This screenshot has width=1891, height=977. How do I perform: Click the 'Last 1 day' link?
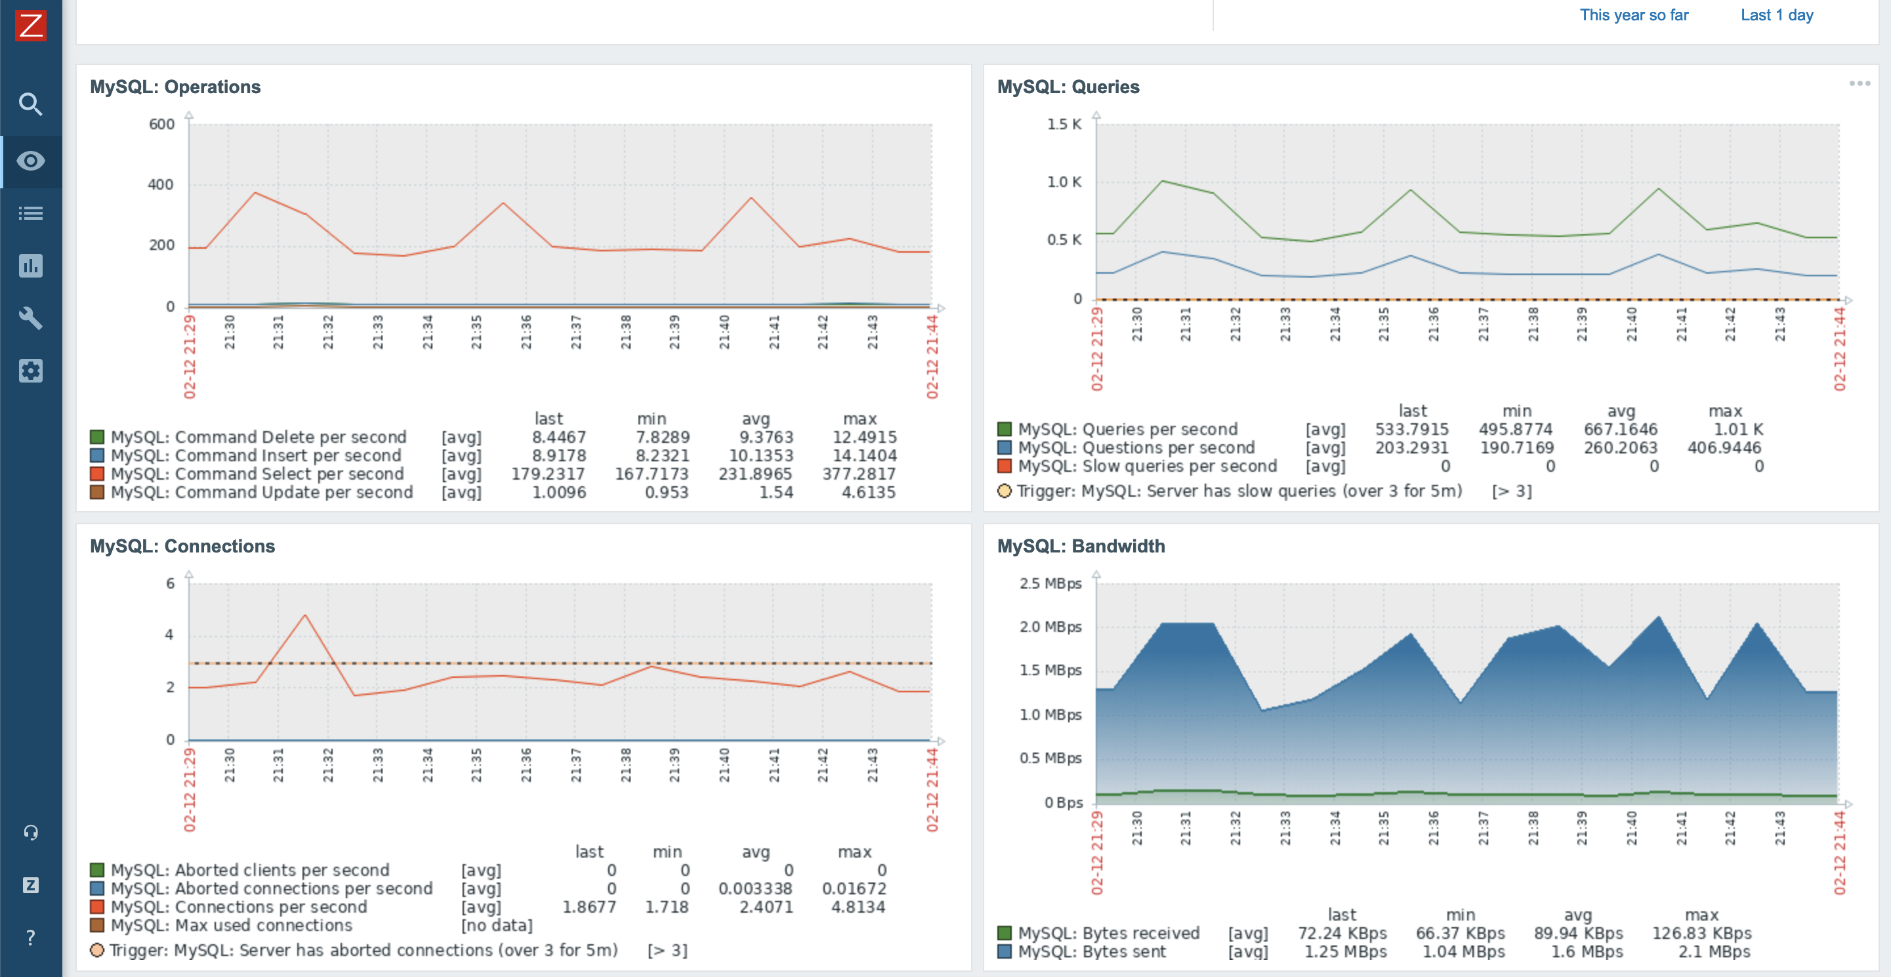pos(1776,14)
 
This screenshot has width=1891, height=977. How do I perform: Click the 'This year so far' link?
pos(1633,14)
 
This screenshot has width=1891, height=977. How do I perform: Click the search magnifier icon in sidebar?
pos(30,104)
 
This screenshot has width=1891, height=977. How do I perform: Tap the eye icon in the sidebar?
pos(30,161)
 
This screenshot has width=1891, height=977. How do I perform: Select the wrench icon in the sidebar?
pos(30,318)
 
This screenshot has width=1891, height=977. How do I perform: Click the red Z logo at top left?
pos(30,25)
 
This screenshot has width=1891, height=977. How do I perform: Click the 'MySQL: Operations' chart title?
pos(175,87)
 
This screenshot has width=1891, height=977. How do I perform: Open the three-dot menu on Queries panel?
pos(1859,84)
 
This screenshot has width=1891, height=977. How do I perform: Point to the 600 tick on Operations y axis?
pos(161,124)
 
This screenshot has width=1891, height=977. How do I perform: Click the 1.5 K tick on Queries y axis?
pos(1063,124)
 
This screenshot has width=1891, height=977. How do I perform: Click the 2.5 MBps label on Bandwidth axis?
pos(1050,583)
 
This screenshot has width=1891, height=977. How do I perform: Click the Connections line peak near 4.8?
pos(304,615)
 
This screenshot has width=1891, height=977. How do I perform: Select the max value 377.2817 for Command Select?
pos(858,474)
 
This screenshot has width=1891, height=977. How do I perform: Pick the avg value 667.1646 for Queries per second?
pos(1620,429)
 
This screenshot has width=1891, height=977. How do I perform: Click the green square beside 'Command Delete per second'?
pos(97,438)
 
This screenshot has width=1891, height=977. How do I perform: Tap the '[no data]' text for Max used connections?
pos(496,926)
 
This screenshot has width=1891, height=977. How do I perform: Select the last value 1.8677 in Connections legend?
pos(589,907)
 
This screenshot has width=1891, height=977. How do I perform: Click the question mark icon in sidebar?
pos(30,938)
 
